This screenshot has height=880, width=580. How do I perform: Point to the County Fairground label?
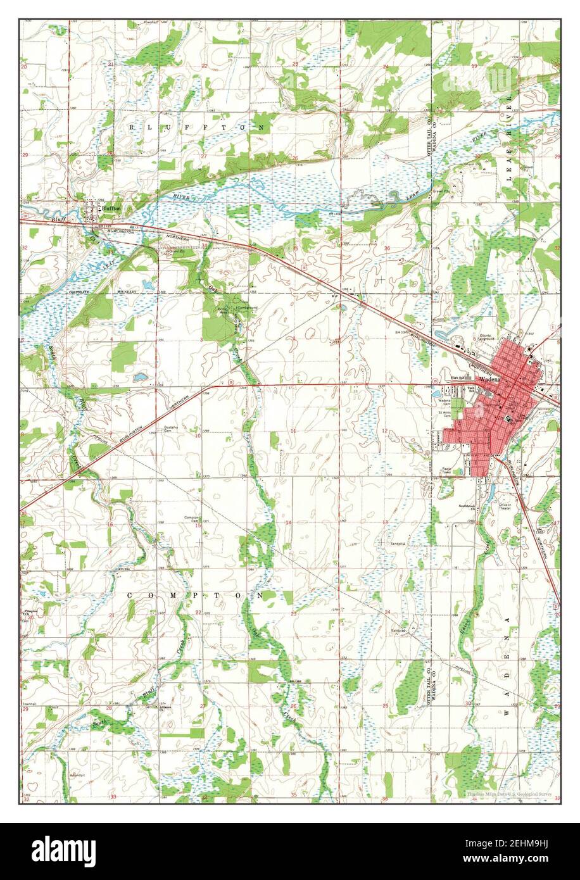coord(485,338)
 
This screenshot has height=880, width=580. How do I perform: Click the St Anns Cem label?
coord(444,415)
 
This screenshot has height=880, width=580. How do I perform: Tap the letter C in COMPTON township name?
coord(130,596)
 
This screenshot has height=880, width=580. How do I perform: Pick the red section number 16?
coord(110,525)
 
